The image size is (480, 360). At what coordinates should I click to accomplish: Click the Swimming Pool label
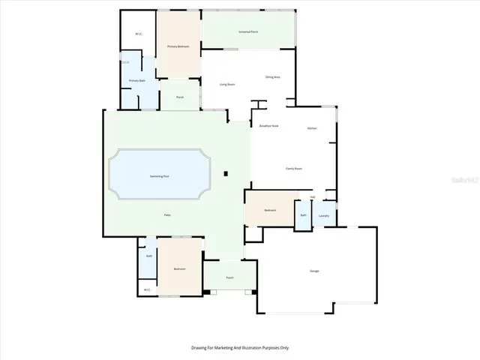click(x=158, y=175)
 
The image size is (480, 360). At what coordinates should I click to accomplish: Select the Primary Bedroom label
click(x=178, y=46)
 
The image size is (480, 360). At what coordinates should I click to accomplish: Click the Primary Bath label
click(x=136, y=80)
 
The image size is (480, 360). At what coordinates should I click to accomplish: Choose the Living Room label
click(x=227, y=84)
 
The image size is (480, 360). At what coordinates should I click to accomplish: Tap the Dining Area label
click(x=272, y=76)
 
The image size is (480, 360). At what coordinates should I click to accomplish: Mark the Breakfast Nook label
click(x=268, y=126)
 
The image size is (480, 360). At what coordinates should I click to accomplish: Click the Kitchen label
click(x=312, y=129)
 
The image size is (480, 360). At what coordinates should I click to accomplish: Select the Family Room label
click(x=293, y=169)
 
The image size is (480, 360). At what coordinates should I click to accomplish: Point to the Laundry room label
click(x=324, y=216)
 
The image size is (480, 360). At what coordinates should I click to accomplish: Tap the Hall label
click(x=312, y=197)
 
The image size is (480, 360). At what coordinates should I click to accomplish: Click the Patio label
click(x=167, y=215)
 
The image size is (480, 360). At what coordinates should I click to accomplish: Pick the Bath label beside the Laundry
click(x=303, y=215)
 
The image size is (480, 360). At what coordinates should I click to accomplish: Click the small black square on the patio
click(x=225, y=175)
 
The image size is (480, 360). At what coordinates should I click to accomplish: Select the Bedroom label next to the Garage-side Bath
click(x=270, y=210)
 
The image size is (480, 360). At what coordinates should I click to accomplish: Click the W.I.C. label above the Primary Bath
click(x=139, y=34)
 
